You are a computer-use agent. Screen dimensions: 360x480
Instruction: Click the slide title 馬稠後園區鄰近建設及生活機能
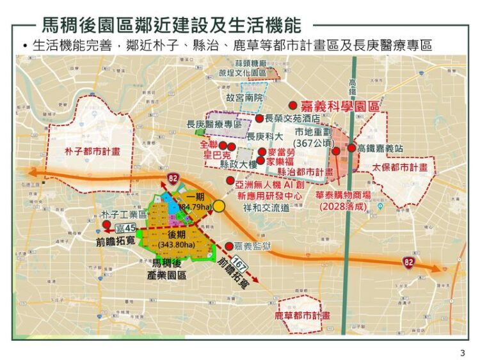[x=171, y=25]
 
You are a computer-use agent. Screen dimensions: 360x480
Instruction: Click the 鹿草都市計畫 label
[x=303, y=315]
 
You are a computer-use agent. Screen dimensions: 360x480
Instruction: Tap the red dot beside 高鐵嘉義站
[x=351, y=148]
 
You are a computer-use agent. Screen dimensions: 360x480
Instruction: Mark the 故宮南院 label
[x=244, y=98]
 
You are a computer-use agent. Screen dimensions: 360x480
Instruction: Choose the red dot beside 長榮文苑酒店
[x=259, y=118]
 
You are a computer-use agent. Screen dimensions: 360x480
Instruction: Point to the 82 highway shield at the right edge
[x=408, y=262]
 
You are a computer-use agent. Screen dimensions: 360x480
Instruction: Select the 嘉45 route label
[x=125, y=228]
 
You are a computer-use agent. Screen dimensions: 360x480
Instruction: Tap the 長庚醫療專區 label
[x=214, y=123]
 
